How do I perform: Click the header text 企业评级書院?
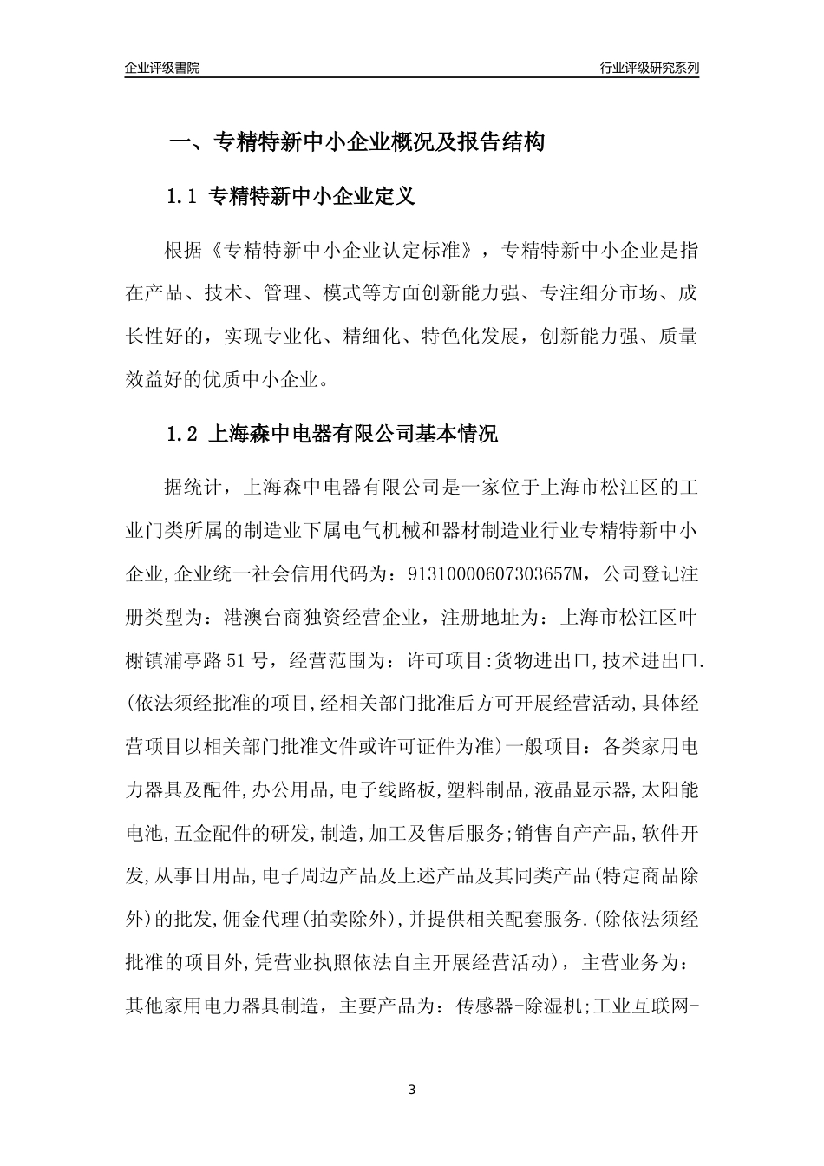click(x=162, y=68)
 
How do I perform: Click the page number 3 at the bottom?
click(x=412, y=1090)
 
